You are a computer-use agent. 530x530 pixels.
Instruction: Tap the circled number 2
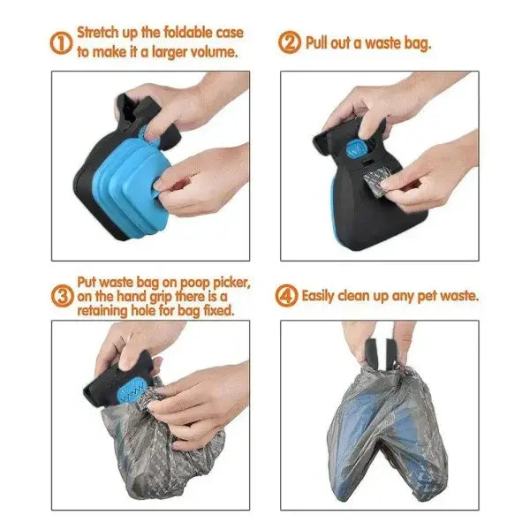click(291, 42)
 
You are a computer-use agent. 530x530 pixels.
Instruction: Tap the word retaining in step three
click(107, 311)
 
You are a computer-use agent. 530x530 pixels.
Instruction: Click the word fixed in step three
click(215, 311)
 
